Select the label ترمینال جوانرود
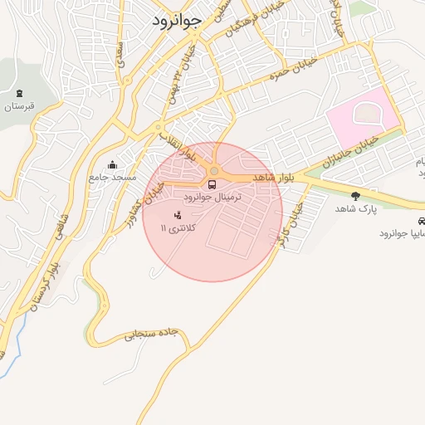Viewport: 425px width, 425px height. [214, 198]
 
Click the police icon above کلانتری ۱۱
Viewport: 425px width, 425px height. [177, 216]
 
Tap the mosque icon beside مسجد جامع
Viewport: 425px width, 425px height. [114, 164]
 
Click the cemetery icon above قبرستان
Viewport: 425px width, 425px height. [19, 92]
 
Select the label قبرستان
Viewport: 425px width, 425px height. [18, 105]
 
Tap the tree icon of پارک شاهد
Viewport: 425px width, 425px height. [356, 196]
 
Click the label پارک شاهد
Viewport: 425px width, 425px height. [356, 209]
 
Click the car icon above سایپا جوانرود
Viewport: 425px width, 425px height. [423, 222]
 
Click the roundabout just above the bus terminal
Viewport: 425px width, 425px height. [214, 171]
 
